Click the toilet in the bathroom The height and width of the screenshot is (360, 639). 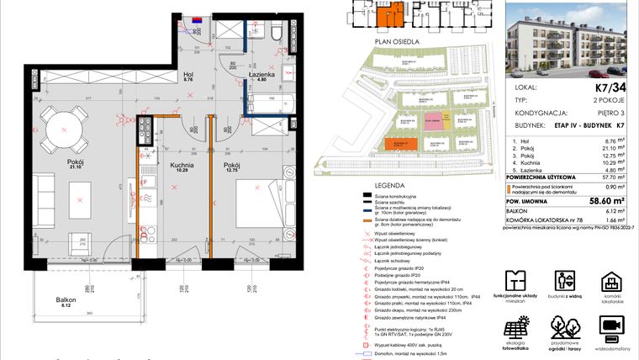tap(276, 33)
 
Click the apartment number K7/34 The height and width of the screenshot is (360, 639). tap(611, 86)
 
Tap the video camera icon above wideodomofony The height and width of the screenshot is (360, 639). tap(611, 325)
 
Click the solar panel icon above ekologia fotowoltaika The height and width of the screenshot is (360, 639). tap(515, 326)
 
